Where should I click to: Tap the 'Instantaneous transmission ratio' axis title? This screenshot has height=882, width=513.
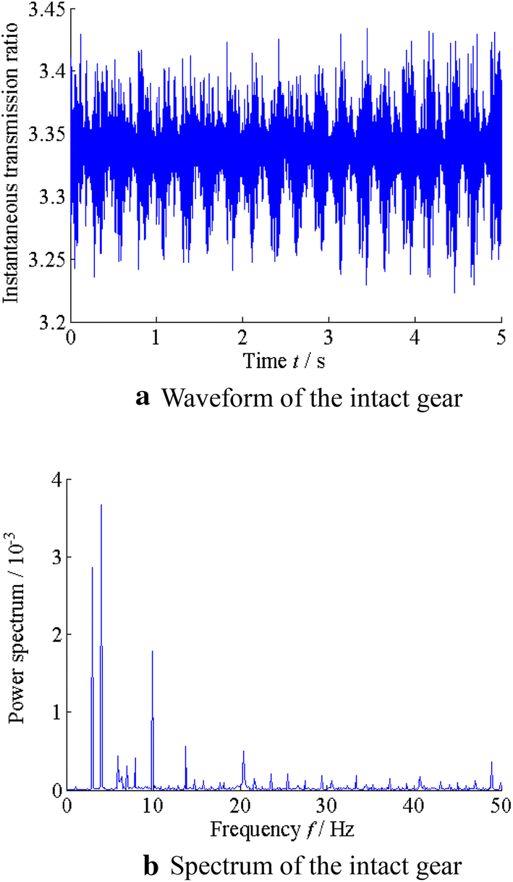(12, 167)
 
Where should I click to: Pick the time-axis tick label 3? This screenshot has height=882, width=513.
(329, 339)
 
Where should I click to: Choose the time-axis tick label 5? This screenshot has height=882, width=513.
(501, 339)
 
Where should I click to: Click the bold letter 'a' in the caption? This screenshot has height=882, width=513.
(143, 397)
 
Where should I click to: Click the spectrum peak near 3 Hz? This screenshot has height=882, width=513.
(92, 568)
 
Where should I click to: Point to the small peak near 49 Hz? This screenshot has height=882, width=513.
(492, 763)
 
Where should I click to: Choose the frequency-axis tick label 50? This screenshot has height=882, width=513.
(501, 805)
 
